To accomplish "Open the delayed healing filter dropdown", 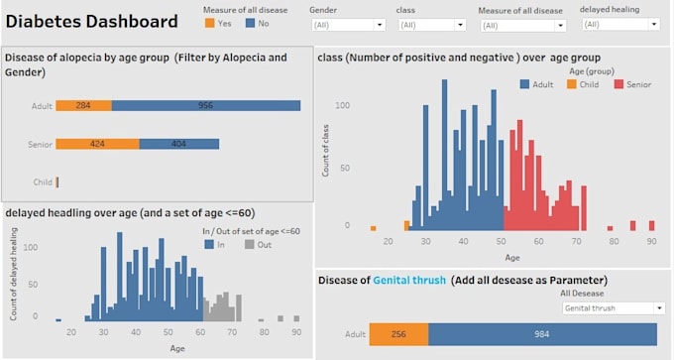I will pyautogui.click(x=620, y=24).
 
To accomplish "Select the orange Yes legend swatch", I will pyautogui.click(x=210, y=22).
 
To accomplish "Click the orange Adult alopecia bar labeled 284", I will pyautogui.click(x=83, y=105).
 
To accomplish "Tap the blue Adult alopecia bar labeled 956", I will pyautogui.click(x=205, y=105).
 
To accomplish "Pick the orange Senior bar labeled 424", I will pyautogui.click(x=97, y=144).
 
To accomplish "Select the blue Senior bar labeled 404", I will pyautogui.click(x=178, y=144).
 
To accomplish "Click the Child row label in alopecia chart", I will pyautogui.click(x=43, y=182).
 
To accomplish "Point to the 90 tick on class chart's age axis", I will pyautogui.click(x=651, y=241).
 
